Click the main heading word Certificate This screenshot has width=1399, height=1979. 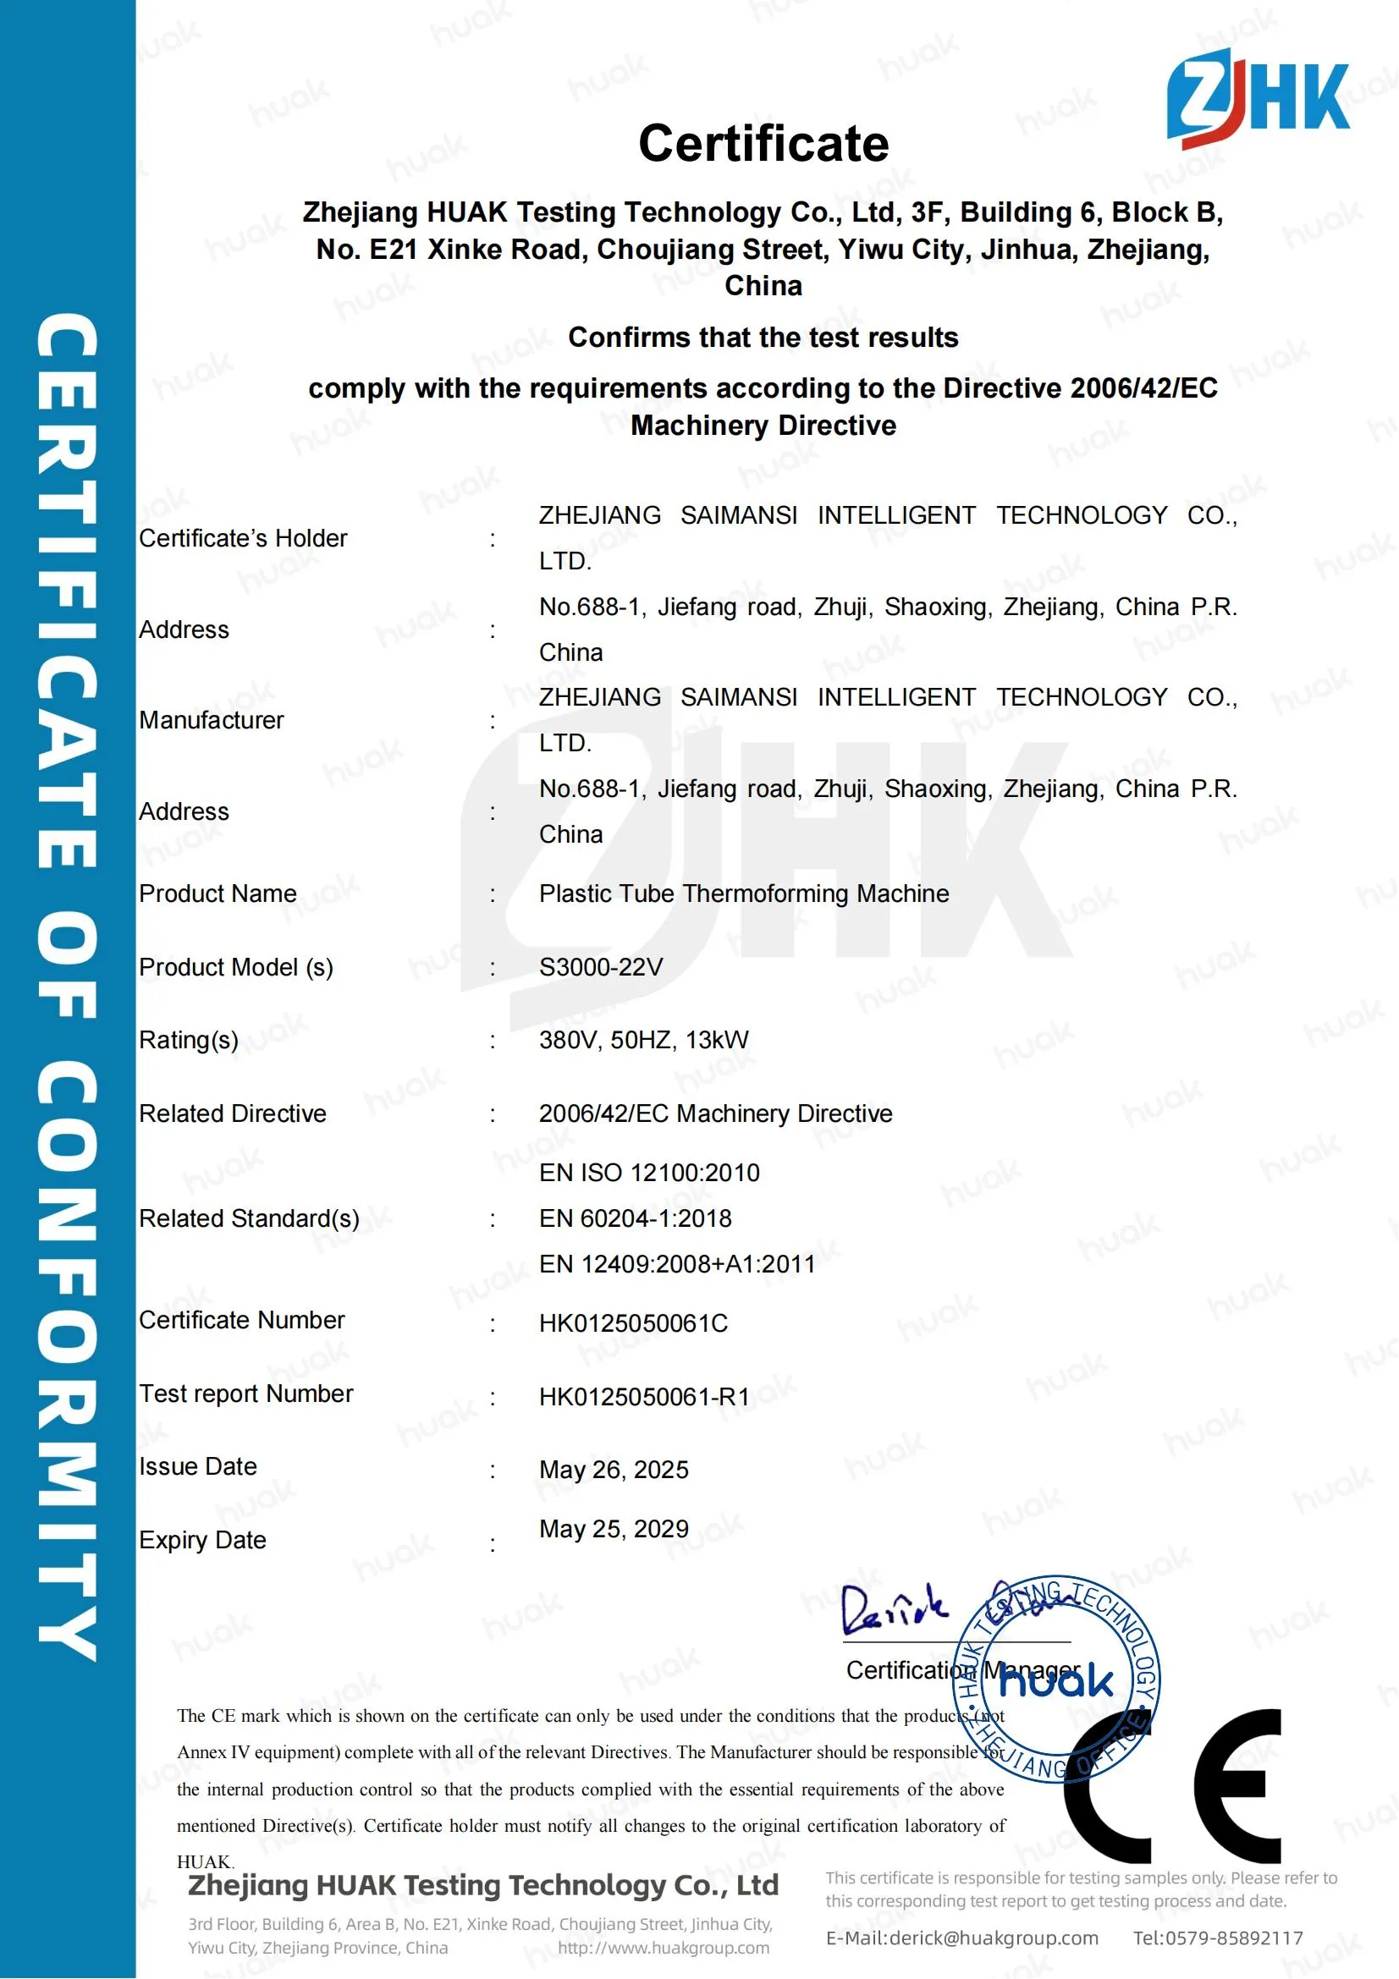pos(763,143)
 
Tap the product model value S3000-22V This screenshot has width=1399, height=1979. pos(601,967)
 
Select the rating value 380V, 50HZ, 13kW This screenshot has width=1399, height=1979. pos(644,1040)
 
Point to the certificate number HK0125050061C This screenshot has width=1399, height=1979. pos(634,1323)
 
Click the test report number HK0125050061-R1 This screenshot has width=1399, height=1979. pos(645,1396)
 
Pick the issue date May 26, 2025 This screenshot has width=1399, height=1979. pos(614,1470)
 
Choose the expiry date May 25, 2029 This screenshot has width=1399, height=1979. pos(614,1529)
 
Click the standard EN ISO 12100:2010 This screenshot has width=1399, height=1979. pos(649,1172)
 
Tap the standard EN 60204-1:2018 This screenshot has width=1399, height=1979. pos(636,1218)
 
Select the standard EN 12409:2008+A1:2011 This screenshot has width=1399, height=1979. pos(677,1263)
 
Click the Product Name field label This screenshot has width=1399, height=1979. pos(218,893)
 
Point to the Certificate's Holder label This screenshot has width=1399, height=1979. pos(243,539)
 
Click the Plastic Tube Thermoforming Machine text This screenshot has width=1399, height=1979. pos(744,893)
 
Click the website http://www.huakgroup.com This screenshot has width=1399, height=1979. pos(663,1948)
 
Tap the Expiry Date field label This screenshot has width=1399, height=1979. pos(202,1540)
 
